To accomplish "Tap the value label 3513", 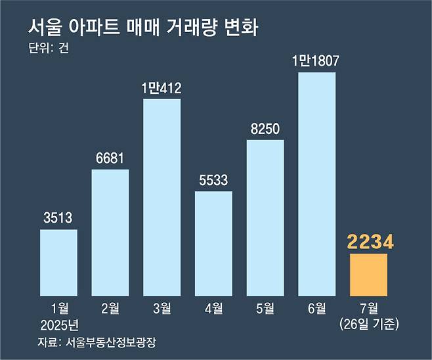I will pos(58,218).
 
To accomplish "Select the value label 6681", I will pos(110,158).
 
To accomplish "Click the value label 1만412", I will pos(162,87).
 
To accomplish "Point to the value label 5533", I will pos(213,180).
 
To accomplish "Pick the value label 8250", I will pos(265,128).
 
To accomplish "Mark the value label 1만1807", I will pos(317,61).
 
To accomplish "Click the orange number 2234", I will pos(368,242).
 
